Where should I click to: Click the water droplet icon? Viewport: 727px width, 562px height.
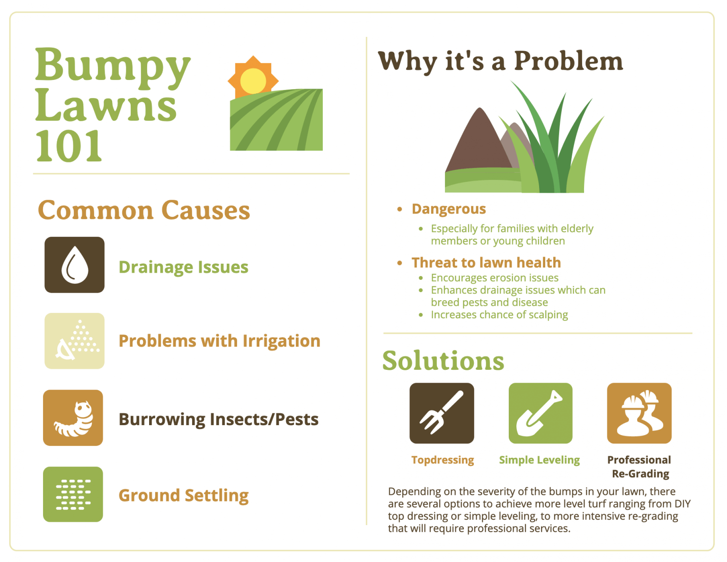[x=75, y=265]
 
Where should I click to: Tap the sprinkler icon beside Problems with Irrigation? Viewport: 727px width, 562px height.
[x=74, y=341]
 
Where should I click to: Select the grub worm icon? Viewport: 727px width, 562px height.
[x=73, y=418]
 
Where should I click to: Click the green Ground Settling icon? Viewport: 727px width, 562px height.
[x=73, y=494]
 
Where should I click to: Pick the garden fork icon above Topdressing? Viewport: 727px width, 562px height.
[x=442, y=413]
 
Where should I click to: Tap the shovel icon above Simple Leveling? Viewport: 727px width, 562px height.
[x=540, y=413]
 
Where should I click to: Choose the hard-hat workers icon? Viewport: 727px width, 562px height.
[x=639, y=413]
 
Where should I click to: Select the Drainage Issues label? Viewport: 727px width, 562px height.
[x=183, y=267]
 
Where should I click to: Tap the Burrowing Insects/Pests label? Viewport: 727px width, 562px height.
[x=218, y=419]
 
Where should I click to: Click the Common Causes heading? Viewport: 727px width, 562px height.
[x=144, y=210]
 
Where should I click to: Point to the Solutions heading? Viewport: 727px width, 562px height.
[x=443, y=361]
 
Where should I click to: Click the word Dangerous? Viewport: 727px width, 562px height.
[x=449, y=209]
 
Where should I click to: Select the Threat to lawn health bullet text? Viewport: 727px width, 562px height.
[x=486, y=262]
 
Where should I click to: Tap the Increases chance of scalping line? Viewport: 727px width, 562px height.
[x=499, y=315]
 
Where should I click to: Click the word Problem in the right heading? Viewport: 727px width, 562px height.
[x=568, y=62]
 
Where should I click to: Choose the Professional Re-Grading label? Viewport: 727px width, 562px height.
[x=639, y=467]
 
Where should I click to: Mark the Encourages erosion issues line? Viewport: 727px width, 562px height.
[x=495, y=278]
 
